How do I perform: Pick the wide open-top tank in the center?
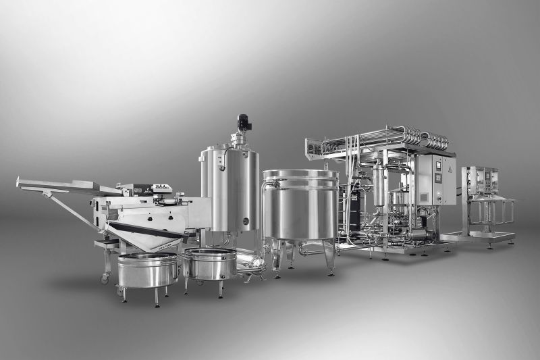click(300, 206)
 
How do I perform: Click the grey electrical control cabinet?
click(435, 180)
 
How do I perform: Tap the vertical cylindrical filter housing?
click(379, 185)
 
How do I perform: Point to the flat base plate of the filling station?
click(479, 238)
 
